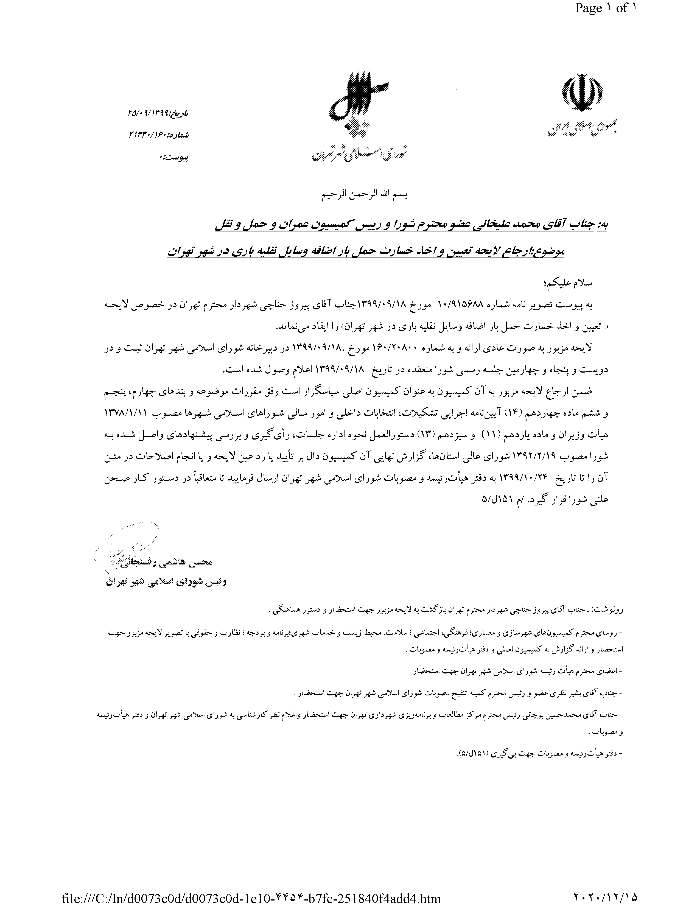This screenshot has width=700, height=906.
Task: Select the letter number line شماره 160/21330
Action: pyautogui.click(x=158, y=135)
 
